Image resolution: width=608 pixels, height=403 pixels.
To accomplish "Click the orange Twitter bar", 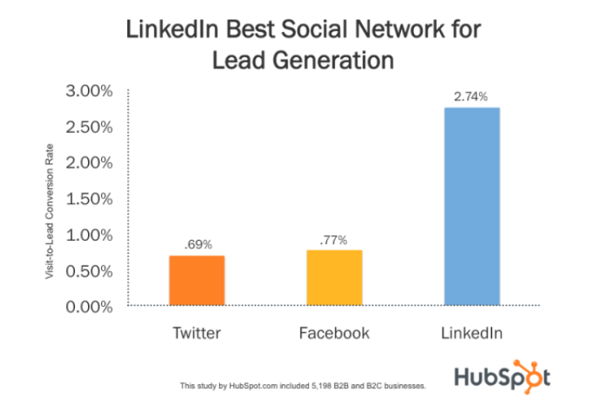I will click(196, 281).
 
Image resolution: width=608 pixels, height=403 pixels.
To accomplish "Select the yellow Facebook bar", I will click(334, 277).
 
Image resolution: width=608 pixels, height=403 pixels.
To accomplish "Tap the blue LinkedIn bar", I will click(472, 206).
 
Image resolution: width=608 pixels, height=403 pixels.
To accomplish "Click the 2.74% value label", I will click(471, 97).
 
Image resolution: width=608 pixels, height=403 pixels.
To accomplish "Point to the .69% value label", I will click(196, 245).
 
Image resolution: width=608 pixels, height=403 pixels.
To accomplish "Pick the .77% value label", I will click(333, 240).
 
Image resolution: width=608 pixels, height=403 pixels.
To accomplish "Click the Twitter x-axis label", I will click(196, 333).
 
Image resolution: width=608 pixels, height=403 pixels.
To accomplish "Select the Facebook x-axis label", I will click(334, 333).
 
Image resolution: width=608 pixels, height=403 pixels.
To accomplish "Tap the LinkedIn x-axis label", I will click(472, 333).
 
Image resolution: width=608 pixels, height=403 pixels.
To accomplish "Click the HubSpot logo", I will click(500, 376).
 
